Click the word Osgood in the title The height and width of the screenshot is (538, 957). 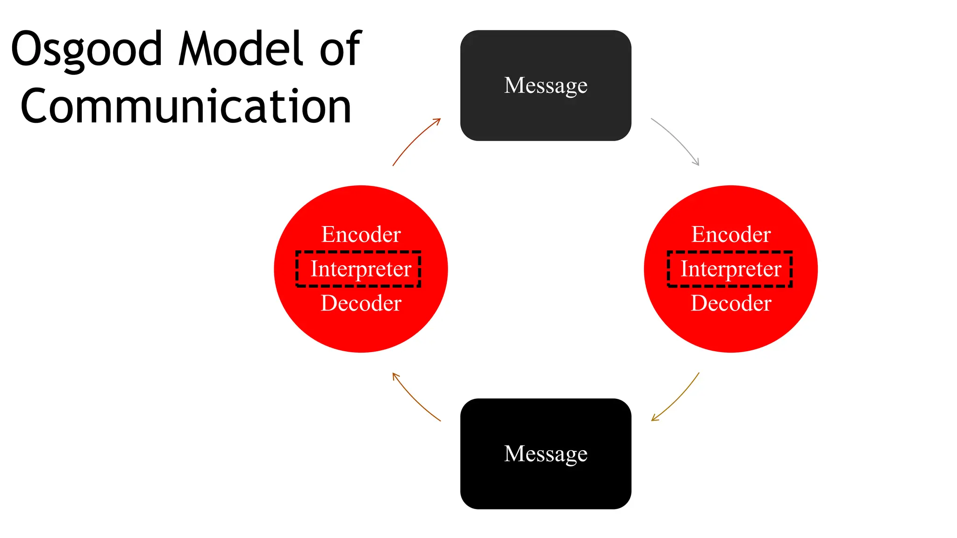[x=86, y=49]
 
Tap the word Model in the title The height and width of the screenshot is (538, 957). [x=241, y=48]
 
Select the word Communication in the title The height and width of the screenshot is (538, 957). [x=186, y=106]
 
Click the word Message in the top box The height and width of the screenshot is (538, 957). [x=545, y=85]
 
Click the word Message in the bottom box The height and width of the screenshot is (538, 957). [x=545, y=453]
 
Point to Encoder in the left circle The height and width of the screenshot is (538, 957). [x=361, y=234]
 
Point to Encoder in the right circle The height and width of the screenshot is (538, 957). [x=731, y=234]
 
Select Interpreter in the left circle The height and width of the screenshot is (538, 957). [x=361, y=269]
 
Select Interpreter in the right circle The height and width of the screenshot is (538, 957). [x=731, y=269]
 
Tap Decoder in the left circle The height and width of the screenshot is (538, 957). [x=361, y=304]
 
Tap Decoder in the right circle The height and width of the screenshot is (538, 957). [x=731, y=304]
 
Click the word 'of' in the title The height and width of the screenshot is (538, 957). [x=340, y=48]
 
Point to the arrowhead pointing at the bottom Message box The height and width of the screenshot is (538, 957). [x=654, y=419]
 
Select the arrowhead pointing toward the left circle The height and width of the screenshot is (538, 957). [x=395, y=375]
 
